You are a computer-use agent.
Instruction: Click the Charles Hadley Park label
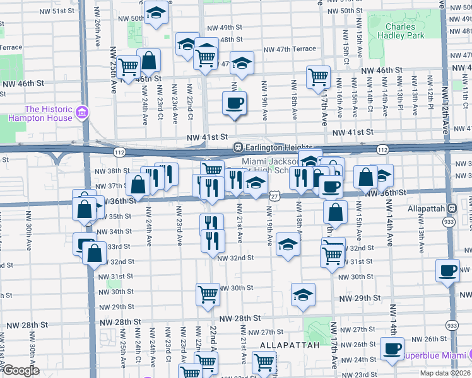tap(401, 31)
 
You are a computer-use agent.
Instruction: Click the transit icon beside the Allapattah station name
tap(452, 209)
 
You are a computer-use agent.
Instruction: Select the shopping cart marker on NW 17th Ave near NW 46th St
tap(319, 77)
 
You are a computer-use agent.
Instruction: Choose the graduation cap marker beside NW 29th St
tap(303, 294)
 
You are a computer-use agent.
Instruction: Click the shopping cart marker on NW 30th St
tap(208, 294)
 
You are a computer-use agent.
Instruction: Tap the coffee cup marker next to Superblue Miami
tap(392, 348)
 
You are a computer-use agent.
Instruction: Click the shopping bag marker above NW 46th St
tap(150, 62)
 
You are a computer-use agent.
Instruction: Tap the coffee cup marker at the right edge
tap(448, 271)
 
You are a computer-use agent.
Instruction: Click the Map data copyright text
tap(445, 373)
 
